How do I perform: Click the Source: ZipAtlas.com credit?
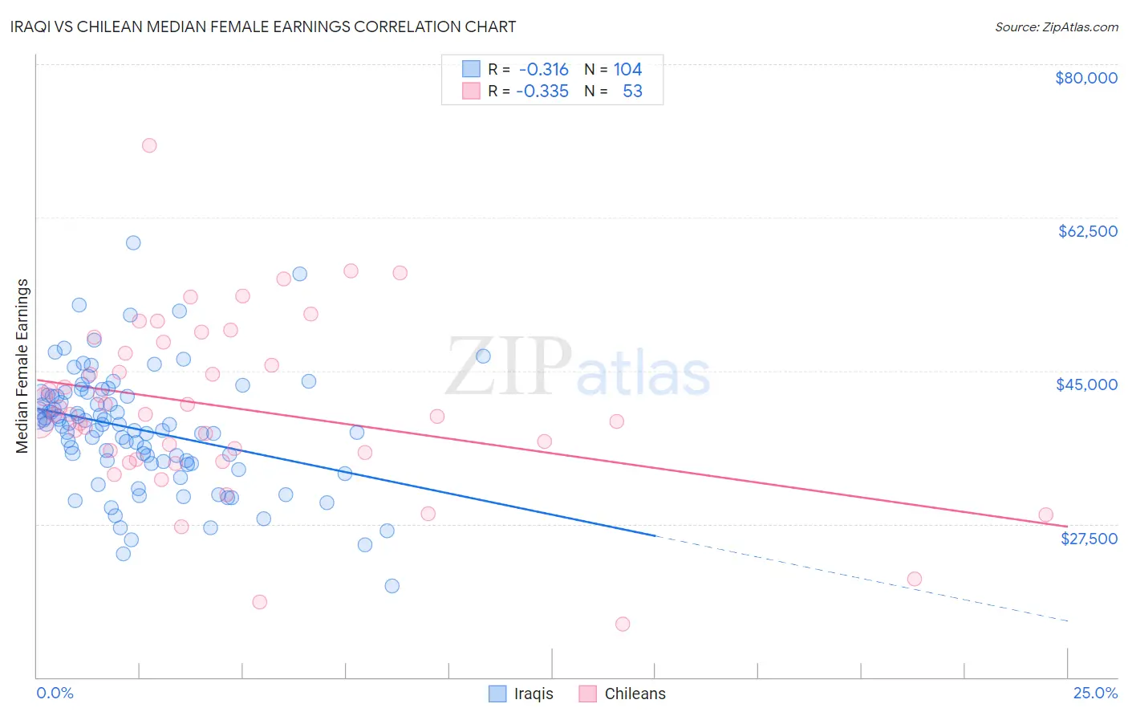point(1056,27)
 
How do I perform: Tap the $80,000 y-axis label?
point(1086,78)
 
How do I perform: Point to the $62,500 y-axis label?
point(1087,231)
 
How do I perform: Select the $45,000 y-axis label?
point(1086,384)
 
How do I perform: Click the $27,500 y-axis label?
point(1089,539)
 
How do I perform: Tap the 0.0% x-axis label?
point(55,693)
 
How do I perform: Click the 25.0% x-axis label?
point(1095,693)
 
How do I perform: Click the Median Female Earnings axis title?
point(22,366)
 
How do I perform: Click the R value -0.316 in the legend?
point(544,70)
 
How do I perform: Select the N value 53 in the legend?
point(632,92)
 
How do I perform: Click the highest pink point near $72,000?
point(149,145)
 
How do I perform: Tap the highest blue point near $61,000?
point(133,242)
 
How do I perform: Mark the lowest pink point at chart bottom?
point(623,624)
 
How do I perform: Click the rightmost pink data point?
point(1045,515)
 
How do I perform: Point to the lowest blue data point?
point(392,586)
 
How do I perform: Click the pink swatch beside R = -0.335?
point(471,92)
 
